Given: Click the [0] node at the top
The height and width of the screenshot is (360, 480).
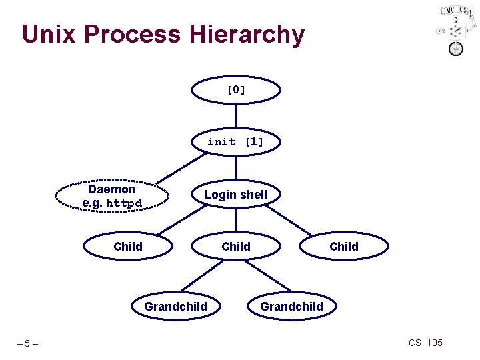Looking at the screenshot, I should tap(236, 90).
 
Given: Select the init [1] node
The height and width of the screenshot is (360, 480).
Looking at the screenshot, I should tap(236, 142).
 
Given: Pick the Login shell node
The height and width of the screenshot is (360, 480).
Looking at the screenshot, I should tap(236, 195).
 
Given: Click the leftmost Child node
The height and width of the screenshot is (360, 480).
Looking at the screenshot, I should tap(128, 247).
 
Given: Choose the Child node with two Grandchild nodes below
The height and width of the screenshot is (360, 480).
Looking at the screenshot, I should tap(236, 247).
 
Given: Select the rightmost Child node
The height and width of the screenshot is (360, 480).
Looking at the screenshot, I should tap(344, 247).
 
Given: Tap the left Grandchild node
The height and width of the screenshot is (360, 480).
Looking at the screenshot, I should tap(176, 307).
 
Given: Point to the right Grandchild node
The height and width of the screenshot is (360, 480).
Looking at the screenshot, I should tap(291, 307).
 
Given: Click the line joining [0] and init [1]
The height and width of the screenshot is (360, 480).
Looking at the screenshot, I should tap(236, 116).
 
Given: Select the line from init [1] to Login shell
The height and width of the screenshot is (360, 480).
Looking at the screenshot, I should tap(236, 168).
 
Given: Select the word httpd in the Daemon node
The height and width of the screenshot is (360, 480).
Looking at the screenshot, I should tap(124, 203).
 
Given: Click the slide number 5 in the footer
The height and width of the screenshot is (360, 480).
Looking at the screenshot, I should tap(27, 344).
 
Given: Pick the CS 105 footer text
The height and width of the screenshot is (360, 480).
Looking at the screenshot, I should tap(425, 343).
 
